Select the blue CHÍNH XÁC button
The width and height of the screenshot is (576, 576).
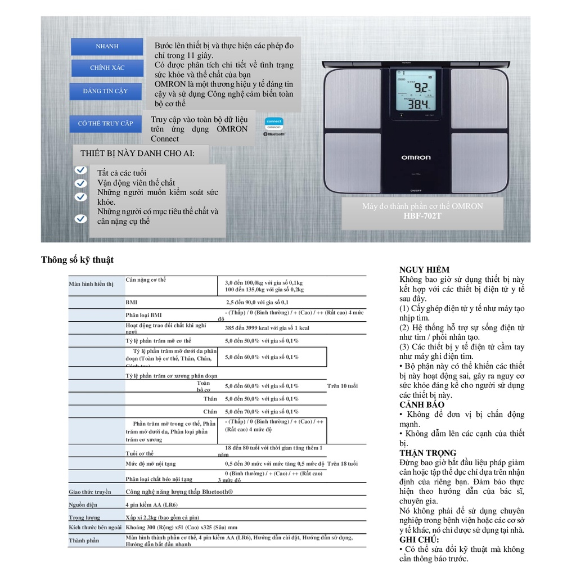click(107, 68)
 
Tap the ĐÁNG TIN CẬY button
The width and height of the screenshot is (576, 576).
click(105, 91)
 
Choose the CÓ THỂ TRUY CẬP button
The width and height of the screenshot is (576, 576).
click(105, 123)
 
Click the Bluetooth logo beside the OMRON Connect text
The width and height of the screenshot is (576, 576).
click(274, 134)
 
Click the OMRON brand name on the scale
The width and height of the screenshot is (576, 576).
click(416, 157)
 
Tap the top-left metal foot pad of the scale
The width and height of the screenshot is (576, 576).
click(352, 98)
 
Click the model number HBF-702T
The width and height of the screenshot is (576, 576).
click(422, 215)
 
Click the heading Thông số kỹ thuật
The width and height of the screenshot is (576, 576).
click(77, 260)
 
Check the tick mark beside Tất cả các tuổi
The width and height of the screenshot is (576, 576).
click(80, 170)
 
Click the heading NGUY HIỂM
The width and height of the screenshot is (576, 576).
click(424, 270)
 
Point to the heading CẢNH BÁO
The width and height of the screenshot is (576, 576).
click(422, 405)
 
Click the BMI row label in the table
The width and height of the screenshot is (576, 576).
click(131, 303)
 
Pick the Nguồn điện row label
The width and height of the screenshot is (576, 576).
click(83, 505)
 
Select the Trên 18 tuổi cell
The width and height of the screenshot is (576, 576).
click(343, 464)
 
